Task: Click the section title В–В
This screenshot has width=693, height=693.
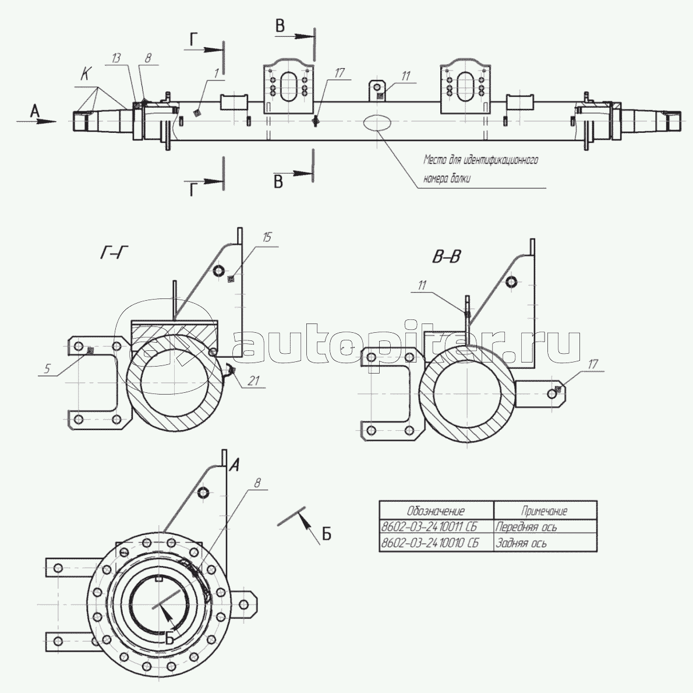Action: (x=447, y=256)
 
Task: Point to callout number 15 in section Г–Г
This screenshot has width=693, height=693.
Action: (x=267, y=237)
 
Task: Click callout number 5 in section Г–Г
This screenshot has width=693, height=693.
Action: (x=48, y=368)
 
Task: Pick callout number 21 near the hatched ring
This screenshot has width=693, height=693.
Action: (x=252, y=381)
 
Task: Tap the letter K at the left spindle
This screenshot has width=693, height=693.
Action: (x=85, y=75)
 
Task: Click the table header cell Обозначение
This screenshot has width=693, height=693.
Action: (x=436, y=511)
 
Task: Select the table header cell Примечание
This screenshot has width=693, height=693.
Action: (x=544, y=511)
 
